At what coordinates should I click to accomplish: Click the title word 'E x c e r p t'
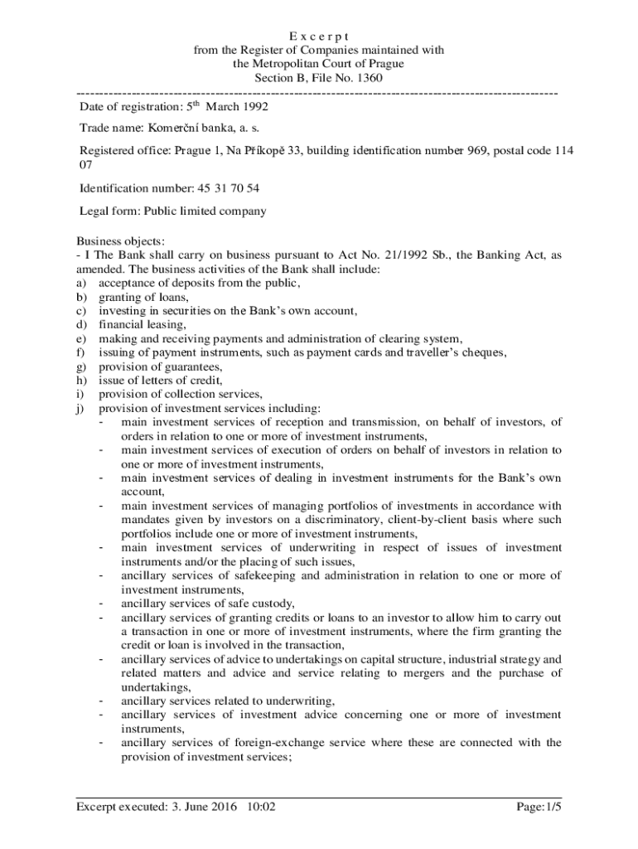pyautogui.click(x=318, y=36)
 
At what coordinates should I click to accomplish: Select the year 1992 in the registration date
pyautogui.click(x=252, y=107)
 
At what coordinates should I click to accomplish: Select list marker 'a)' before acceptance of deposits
pyautogui.click(x=82, y=284)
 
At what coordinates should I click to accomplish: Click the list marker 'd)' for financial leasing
pyautogui.click(x=82, y=325)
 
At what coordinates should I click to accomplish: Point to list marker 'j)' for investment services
pyautogui.click(x=81, y=408)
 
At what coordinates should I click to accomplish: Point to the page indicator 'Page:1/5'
pyautogui.click(x=539, y=806)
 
